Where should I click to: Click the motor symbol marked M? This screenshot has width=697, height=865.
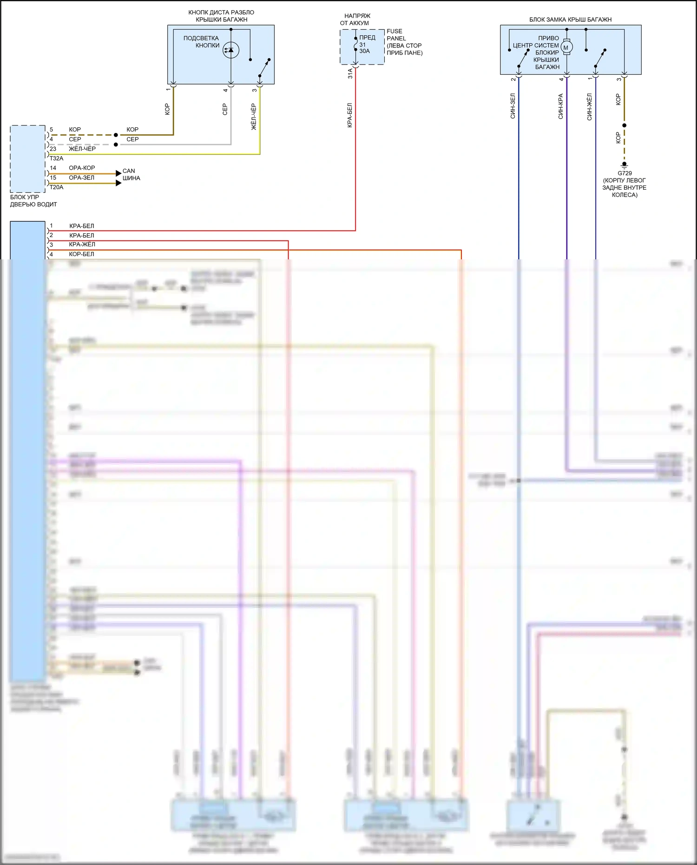(566, 47)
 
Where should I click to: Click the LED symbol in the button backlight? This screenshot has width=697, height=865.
(231, 50)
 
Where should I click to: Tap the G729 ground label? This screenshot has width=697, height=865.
(625, 173)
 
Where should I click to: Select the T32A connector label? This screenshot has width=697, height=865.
(56, 158)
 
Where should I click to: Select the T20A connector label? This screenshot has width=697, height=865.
(56, 187)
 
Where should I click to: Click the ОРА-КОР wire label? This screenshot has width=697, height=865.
(82, 168)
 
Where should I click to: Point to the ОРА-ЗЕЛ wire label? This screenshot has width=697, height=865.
(81, 178)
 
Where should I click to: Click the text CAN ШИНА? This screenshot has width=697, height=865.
(131, 174)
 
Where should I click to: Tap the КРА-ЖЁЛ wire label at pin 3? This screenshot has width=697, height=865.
(82, 244)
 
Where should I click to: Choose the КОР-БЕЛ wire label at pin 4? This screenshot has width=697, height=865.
(81, 254)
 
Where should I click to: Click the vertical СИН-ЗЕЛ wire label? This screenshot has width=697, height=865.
(513, 106)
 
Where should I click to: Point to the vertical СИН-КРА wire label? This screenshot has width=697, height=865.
(561, 106)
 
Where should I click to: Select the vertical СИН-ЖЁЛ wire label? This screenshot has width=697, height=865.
(590, 106)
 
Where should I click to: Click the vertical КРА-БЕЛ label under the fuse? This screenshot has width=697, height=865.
(350, 115)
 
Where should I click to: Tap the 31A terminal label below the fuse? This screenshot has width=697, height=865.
(350, 73)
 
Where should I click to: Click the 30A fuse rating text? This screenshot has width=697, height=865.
(365, 51)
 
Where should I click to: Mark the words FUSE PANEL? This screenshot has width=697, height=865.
(396, 35)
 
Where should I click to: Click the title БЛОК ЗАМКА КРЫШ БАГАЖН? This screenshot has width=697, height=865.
(570, 20)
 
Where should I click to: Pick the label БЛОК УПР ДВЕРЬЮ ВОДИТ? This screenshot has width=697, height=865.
(33, 201)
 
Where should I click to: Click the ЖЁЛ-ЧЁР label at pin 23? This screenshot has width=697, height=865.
(82, 149)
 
